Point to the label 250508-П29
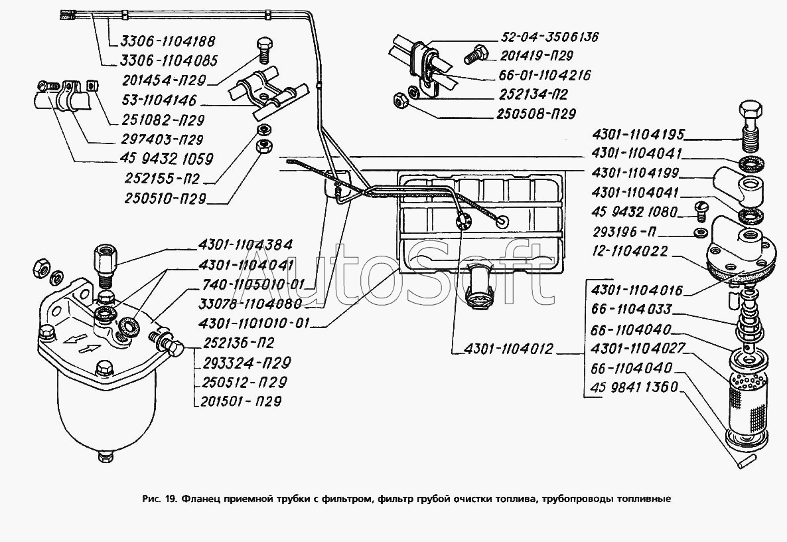pyautogui.click(x=536, y=114)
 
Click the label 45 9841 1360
pyautogui.click(x=630, y=387)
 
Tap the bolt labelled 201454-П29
pyautogui.click(x=261, y=50)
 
